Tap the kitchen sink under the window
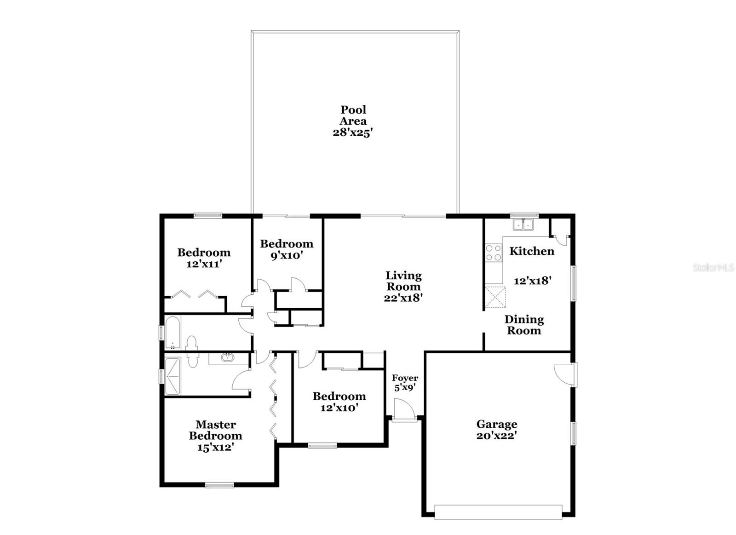(x=523, y=225)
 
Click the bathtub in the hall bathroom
(x=172, y=332)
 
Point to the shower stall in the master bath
(x=172, y=376)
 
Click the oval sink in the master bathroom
(x=227, y=357)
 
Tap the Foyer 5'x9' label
(x=405, y=383)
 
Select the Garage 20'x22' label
(x=496, y=430)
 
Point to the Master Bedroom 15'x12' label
(x=215, y=436)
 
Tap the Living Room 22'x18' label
(x=403, y=286)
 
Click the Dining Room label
(x=524, y=325)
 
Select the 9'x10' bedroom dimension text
(x=287, y=256)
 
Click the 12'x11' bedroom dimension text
(x=204, y=264)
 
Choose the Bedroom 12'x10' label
(x=339, y=402)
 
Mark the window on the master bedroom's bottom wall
(x=219, y=484)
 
